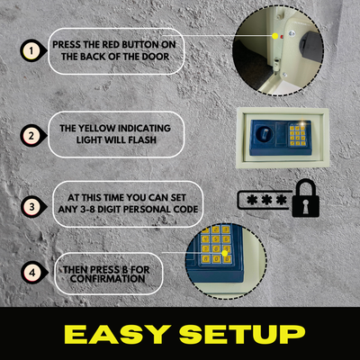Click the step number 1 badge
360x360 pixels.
tap(31, 50)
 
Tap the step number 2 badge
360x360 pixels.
tap(31, 136)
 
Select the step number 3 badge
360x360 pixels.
tap(31, 207)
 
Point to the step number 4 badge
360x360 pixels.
tap(32, 273)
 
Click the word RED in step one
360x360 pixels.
tap(111, 45)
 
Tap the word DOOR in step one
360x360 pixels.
tap(155, 57)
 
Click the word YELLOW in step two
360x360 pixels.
tap(96, 129)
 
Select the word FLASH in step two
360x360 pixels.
tap(143, 139)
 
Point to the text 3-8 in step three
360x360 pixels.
tap(84, 209)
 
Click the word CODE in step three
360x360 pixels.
tap(186, 209)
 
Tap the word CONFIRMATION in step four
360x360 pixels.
tap(108, 278)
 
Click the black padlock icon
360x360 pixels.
tap(305, 198)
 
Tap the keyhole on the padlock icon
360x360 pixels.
tap(305, 207)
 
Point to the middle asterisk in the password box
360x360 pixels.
tap(266, 200)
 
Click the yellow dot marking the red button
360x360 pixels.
tap(275, 36)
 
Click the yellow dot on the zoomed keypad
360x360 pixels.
tap(224, 254)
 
